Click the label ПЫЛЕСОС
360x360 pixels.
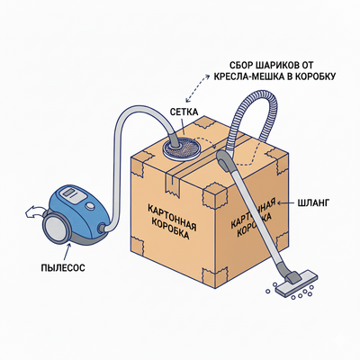click(63, 267)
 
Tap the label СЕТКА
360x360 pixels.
click(184, 112)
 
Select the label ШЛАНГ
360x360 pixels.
click(313, 203)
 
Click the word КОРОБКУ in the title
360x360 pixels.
click(315, 76)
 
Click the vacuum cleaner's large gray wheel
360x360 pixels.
click(57, 227)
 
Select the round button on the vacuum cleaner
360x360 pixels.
click(89, 206)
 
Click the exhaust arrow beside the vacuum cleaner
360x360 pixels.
click(33, 211)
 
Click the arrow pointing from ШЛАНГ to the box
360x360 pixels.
click(286, 203)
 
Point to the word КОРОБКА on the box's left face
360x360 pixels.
click(170, 229)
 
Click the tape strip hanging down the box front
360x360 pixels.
click(172, 182)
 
